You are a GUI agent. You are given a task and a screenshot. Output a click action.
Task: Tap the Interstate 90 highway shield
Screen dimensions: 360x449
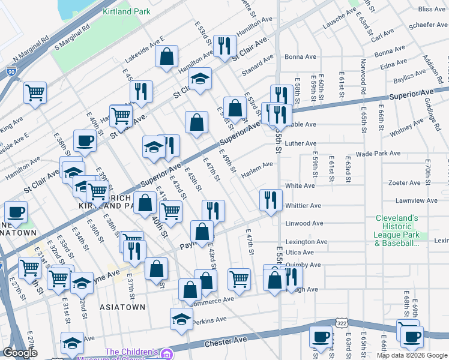point(12,72)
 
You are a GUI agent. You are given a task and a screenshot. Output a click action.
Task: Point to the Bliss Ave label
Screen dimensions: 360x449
point(432,9)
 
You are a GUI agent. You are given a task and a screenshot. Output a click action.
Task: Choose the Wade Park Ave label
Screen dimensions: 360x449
point(378,154)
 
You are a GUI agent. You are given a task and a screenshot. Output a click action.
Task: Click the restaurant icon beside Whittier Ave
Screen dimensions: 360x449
point(271,199)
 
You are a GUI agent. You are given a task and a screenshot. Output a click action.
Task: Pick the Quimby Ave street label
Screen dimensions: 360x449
point(303,265)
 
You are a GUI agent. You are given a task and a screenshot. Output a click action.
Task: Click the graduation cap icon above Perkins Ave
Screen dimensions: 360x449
point(181,319)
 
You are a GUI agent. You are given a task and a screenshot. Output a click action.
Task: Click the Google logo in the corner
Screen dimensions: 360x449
point(20,353)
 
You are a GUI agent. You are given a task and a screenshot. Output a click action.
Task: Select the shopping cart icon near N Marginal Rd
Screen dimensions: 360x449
point(35,92)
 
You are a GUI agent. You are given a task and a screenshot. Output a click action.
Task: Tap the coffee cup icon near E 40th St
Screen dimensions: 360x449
point(84,140)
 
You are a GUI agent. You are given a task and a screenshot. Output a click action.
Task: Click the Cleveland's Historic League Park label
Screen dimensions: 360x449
point(397,230)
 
